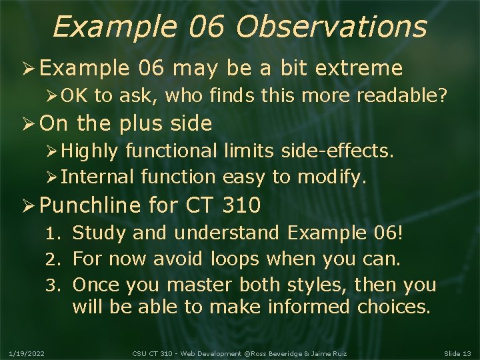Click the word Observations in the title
tap(331, 27)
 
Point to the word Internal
tap(97, 177)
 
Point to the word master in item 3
tap(199, 285)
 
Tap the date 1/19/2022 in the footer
tap(27, 353)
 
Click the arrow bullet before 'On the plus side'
tap(27, 124)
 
